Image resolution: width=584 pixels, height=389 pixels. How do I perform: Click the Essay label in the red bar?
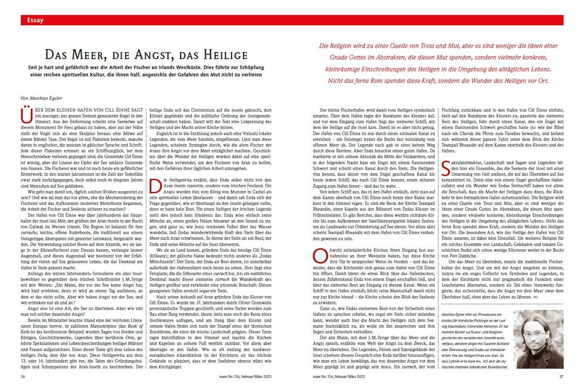36,20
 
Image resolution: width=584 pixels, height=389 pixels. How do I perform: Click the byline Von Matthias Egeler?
43,98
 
